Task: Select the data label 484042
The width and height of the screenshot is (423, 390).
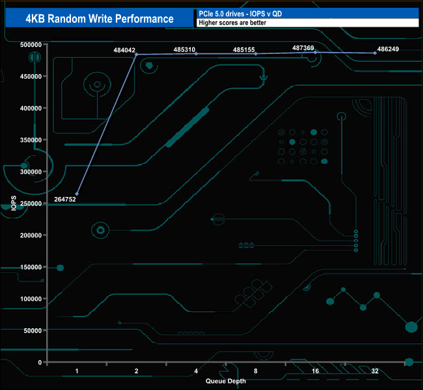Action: coord(126,49)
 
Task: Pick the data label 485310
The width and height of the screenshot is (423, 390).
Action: coord(185,49)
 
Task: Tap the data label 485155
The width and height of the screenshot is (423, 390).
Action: coord(245,49)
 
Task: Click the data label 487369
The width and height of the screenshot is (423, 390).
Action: coord(303,48)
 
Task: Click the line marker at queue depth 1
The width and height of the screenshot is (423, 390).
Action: coord(77,194)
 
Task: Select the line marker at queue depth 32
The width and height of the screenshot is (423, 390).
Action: coord(375,53)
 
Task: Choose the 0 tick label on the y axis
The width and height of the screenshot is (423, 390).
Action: coord(40,363)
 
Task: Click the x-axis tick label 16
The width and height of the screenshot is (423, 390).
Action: coord(315,371)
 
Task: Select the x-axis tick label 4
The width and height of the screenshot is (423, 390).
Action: coord(196,371)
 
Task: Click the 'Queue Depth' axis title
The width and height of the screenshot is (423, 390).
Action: coord(225,381)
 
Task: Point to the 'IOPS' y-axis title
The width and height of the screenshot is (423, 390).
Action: coord(14,203)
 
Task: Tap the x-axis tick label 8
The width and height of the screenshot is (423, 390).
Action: coord(256,371)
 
